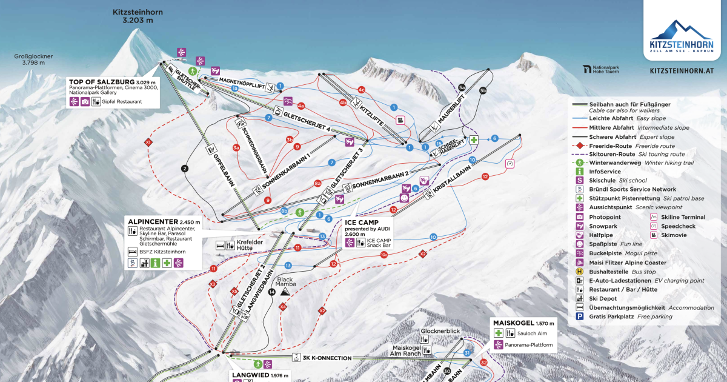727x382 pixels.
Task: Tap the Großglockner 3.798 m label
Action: click(33, 59)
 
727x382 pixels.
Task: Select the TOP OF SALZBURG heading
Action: click(101, 82)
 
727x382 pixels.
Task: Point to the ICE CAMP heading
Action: click(361, 222)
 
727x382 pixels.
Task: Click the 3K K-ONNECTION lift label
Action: click(327, 358)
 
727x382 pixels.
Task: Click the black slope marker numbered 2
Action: click(185, 169)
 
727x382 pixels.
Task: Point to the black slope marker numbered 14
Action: click(271, 292)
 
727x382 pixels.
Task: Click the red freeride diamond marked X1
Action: click(148, 142)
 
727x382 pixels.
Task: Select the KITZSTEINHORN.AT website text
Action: click(680, 71)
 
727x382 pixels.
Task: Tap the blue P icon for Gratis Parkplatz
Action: click(579, 316)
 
